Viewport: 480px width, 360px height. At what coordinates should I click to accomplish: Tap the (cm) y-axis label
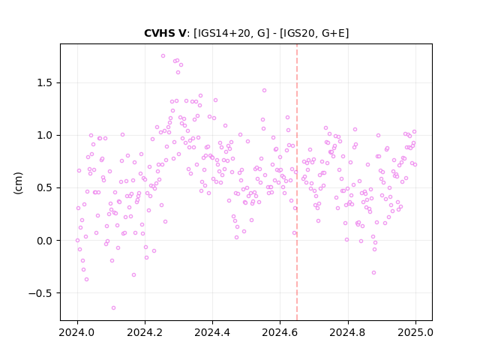click(18, 183)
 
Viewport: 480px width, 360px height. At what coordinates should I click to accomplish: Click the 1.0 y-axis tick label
click(45, 135)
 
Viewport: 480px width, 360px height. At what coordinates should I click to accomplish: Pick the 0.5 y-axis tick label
click(45, 187)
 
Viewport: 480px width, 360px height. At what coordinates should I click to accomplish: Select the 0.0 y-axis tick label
click(45, 241)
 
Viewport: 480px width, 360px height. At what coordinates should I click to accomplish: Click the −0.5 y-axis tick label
click(41, 293)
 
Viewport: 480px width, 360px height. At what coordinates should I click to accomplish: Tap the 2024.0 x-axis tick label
click(77, 332)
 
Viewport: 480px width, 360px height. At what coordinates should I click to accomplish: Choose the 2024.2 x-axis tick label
click(145, 332)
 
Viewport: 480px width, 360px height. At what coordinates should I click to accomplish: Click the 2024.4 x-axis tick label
click(212, 332)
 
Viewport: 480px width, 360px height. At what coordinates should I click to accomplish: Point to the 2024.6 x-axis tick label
click(280, 332)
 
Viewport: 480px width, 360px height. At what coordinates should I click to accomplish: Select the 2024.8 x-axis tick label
click(348, 332)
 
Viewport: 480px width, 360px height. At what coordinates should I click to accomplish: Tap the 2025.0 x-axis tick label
click(415, 332)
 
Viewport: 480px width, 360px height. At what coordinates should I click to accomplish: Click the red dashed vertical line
click(297, 182)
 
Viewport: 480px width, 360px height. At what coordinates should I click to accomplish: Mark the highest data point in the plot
click(163, 56)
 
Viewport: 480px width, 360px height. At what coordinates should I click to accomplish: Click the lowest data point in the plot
click(113, 308)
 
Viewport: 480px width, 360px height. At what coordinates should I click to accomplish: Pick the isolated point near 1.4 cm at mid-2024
click(264, 90)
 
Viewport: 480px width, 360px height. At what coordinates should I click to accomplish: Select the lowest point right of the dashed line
click(373, 273)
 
